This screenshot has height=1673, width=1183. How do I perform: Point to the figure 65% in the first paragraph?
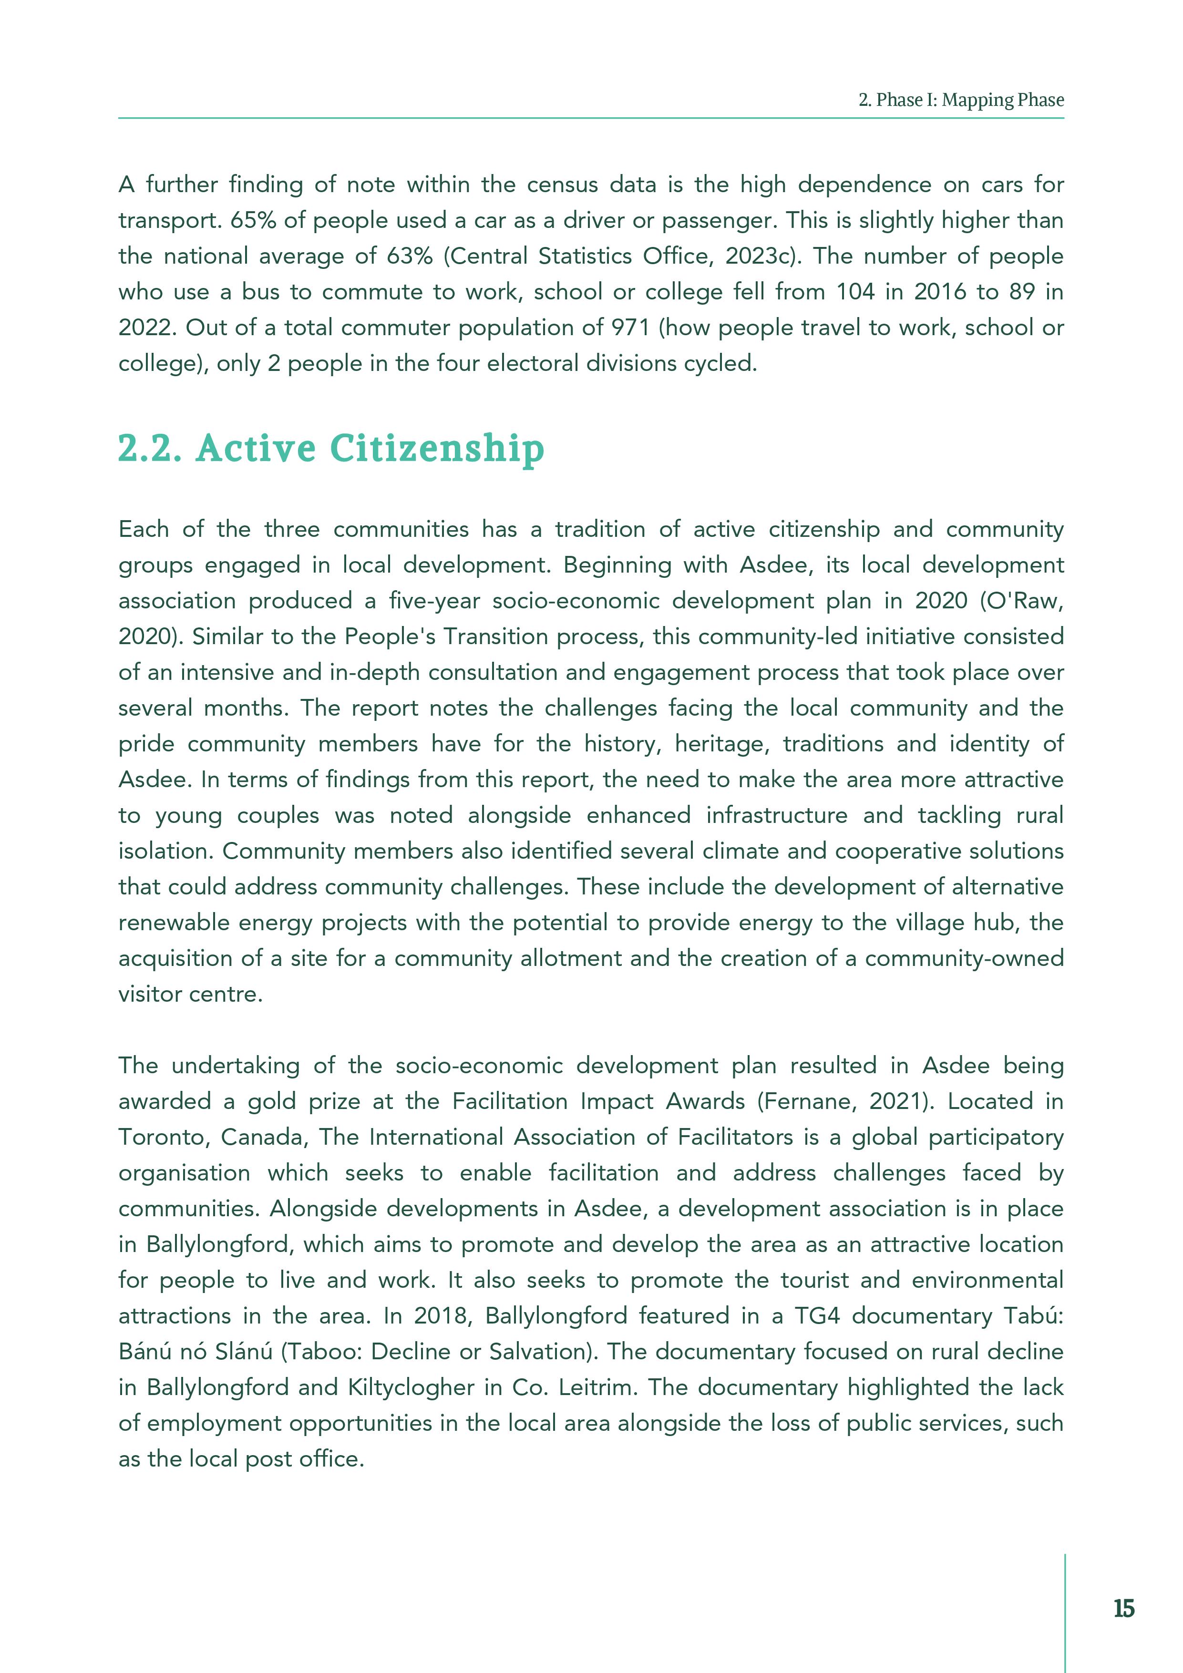click(252, 220)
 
